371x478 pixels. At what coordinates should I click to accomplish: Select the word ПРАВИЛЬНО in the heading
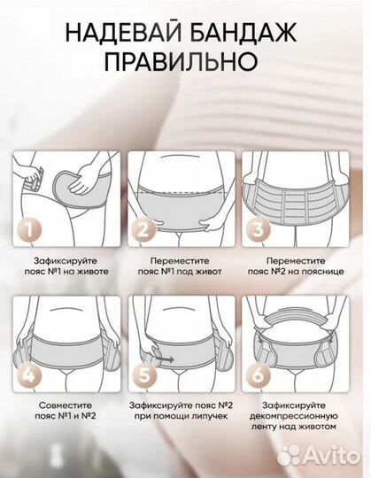[x=182, y=61]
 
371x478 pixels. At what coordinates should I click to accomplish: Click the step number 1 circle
[x=28, y=228]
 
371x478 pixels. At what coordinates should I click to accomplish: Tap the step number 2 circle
[x=143, y=229]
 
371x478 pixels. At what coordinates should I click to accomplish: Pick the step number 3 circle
[x=258, y=228]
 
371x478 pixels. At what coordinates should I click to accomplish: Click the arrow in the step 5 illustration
[x=165, y=359]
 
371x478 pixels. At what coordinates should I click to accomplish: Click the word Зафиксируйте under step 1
[x=66, y=261]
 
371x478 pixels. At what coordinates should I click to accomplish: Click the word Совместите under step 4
[x=66, y=405]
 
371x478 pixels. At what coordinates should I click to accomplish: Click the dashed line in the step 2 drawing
[x=182, y=193]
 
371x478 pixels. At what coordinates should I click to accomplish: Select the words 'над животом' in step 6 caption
[x=309, y=426]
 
